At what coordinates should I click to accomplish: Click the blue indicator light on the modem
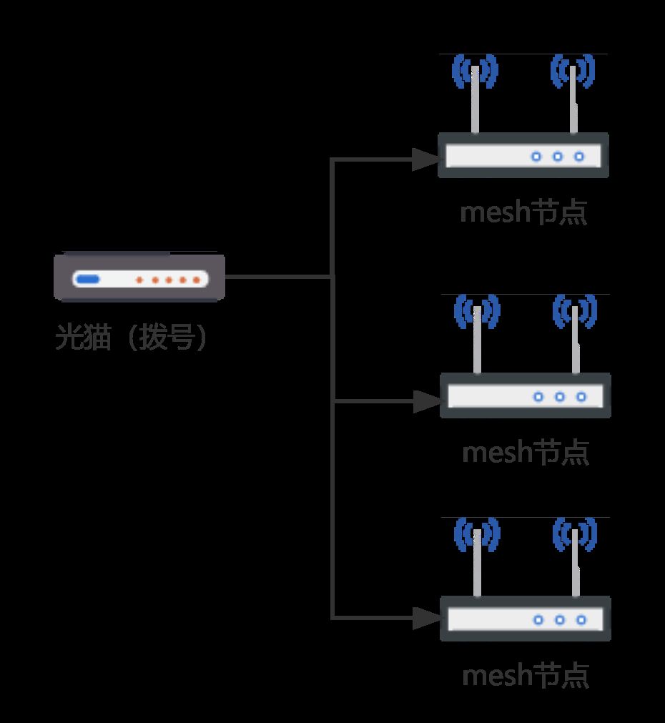pos(88,280)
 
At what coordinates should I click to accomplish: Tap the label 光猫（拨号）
pos(132,337)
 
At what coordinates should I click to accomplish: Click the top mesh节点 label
pos(523,212)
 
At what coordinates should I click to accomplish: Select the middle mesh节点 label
pos(526,453)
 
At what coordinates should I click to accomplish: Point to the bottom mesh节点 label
pos(526,676)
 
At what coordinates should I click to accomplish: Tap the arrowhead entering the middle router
pos(427,402)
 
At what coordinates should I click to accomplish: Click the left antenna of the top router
pos(475,99)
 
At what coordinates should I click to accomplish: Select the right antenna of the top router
pos(573,99)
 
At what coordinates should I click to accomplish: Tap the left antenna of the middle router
pos(478,340)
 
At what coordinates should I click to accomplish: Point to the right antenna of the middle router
pos(576,340)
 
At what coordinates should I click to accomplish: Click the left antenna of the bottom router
pos(478,563)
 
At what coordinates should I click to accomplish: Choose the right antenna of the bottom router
pos(576,563)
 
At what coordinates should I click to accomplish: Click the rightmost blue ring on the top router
pos(579,157)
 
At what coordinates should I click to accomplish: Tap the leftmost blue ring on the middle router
pos(538,397)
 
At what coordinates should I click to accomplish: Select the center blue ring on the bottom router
pos(560,620)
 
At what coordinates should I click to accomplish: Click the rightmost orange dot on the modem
pos(197,280)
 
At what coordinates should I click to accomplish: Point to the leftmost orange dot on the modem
pos(139,280)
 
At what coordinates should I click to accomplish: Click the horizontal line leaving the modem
pos(278,277)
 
